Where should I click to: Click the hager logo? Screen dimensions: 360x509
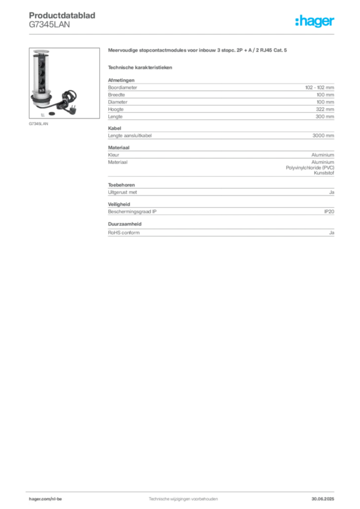pyautogui.click(x=315, y=21)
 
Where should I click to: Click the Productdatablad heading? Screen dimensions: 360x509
pyautogui.click(x=62, y=15)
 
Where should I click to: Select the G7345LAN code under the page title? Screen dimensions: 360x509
pyautogui.click(x=49, y=25)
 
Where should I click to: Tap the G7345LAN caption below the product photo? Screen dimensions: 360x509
pyautogui.click(x=38, y=124)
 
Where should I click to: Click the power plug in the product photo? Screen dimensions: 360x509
pyautogui.click(x=72, y=107)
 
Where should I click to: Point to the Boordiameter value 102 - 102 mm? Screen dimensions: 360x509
pyautogui.click(x=319, y=87)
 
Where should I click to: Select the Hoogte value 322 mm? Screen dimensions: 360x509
pyautogui.click(x=325, y=109)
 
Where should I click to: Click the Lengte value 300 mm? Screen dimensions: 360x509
pyautogui.click(x=325, y=116)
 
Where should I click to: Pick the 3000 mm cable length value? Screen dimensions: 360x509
pyautogui.click(x=323, y=135)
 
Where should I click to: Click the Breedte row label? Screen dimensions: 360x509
pyautogui.click(x=116, y=94)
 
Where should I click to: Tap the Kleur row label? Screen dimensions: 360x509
pyautogui.click(x=113, y=155)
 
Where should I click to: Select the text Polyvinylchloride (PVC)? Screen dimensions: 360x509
pyautogui.click(x=310, y=168)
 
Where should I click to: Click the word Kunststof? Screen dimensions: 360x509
pyautogui.click(x=324, y=172)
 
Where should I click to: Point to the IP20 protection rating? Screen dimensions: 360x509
pyautogui.click(x=329, y=211)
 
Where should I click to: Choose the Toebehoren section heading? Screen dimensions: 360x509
pyautogui.click(x=121, y=185)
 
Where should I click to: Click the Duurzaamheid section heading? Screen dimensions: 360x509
pyautogui.click(x=125, y=224)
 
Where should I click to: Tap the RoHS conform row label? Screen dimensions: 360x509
pyautogui.click(x=124, y=233)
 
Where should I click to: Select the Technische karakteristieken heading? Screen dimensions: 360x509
pyautogui.click(x=140, y=68)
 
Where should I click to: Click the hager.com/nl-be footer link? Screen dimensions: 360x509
pyautogui.click(x=45, y=499)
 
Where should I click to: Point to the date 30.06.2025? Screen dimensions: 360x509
pyautogui.click(x=323, y=499)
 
